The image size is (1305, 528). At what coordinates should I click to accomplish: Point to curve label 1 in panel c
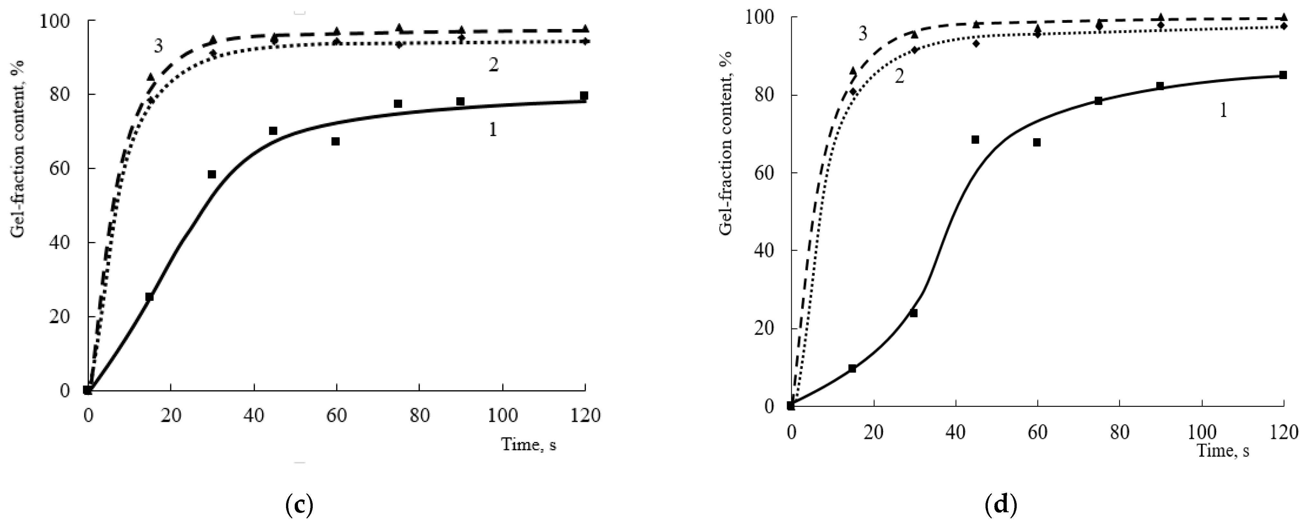(492, 130)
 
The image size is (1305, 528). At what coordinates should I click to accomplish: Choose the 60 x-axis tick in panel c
(336, 416)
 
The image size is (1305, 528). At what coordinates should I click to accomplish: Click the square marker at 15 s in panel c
(149, 297)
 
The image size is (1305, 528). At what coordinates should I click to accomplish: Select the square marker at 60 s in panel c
(335, 141)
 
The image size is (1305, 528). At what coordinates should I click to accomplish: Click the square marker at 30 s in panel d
(913, 313)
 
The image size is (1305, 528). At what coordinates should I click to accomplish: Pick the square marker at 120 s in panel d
(1283, 75)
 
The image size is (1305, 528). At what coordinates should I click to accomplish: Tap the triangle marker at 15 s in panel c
(151, 77)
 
